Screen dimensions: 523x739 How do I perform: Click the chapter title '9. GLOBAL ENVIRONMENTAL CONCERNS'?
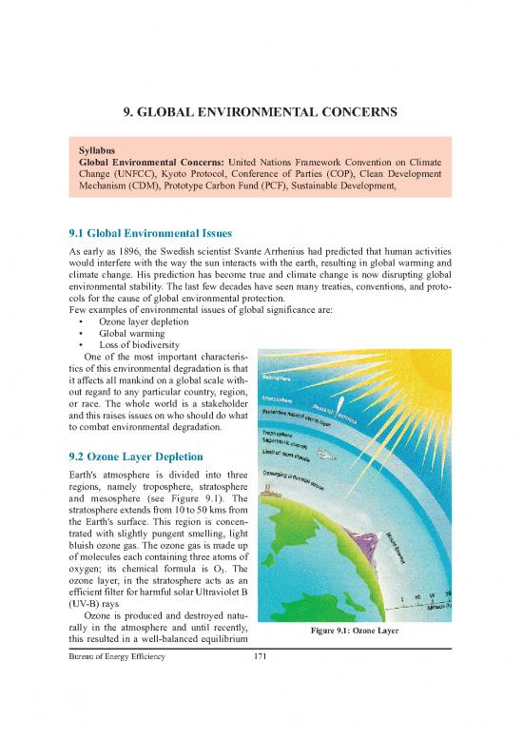coord(261,114)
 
